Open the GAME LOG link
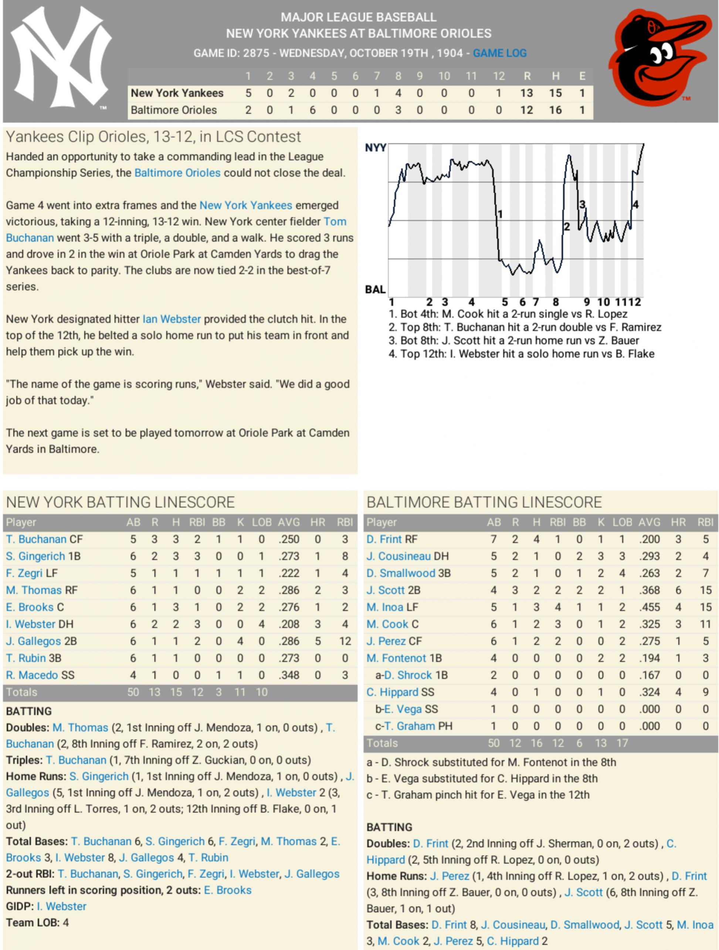click(499, 53)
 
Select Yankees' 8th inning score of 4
click(398, 93)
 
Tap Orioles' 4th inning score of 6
click(312, 110)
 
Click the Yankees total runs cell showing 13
click(526, 93)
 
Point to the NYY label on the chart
click(375, 148)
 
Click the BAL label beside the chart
click(375, 289)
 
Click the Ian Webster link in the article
click(172, 319)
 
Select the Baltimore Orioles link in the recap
click(177, 173)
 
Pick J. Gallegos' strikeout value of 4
click(240, 641)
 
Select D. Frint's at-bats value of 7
click(494, 539)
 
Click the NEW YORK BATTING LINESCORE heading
click(121, 502)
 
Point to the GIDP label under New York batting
click(20, 907)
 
